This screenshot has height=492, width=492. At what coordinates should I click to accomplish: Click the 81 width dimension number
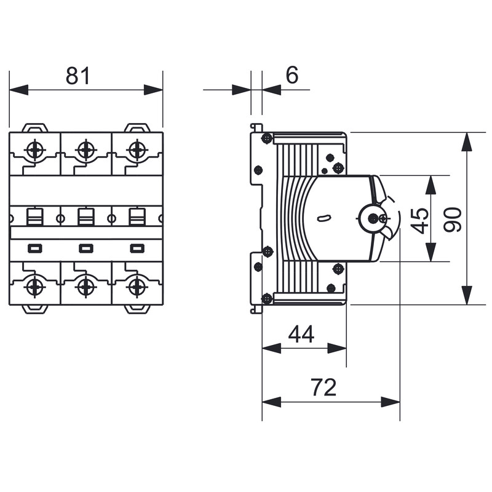[78, 76]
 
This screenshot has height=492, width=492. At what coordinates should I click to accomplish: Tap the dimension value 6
[292, 75]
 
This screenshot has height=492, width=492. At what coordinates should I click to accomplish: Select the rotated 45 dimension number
[420, 221]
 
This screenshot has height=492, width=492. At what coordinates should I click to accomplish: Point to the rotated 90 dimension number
[453, 219]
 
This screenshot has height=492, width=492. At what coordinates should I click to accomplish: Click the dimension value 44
[301, 335]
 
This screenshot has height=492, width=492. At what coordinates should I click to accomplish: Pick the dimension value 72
[323, 387]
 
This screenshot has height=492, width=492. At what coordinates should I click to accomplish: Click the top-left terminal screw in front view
[35, 150]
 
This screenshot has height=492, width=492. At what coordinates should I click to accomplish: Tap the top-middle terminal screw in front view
[85, 150]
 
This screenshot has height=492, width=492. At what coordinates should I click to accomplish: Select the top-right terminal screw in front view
[137, 150]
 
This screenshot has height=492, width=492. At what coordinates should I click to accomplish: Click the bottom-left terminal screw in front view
[34, 287]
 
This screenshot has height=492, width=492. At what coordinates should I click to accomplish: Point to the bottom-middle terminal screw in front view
[85, 287]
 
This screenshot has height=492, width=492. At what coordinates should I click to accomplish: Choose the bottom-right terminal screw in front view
[137, 287]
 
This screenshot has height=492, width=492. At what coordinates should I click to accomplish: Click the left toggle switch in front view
[35, 217]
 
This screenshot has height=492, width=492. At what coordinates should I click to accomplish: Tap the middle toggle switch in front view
[86, 217]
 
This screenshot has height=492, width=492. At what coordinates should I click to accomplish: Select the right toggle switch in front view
[137, 217]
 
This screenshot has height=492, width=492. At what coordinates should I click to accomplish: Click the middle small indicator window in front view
[86, 248]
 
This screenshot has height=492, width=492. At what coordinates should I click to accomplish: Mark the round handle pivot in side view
[373, 218]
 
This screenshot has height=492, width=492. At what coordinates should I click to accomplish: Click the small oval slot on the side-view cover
[323, 218]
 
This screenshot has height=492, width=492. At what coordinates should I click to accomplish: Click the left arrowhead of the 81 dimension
[19, 90]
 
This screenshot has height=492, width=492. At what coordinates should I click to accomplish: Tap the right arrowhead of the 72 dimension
[391, 402]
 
